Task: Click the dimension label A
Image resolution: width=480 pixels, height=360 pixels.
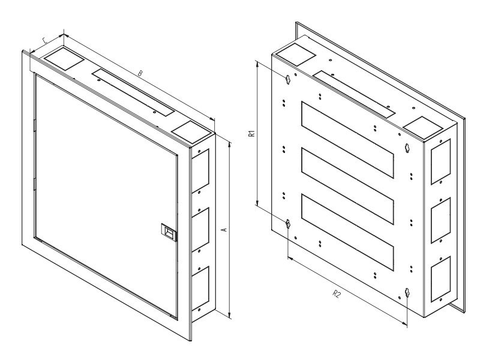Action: [x=224, y=229]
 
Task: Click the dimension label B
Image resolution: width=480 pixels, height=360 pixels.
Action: [x=140, y=73]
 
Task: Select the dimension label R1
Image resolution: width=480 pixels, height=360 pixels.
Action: [x=251, y=133]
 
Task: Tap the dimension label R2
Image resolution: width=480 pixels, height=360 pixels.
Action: [x=337, y=294]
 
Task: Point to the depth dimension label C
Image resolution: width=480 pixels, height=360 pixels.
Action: [x=44, y=40]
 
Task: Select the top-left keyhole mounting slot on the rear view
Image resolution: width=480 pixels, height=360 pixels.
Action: [x=288, y=79]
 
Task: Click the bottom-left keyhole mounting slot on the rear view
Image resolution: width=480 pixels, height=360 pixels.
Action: [x=288, y=223]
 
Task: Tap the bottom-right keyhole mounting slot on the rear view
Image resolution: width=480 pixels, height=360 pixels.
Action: [x=407, y=292]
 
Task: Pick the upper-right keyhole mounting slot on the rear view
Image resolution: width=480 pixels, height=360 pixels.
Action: [x=407, y=148]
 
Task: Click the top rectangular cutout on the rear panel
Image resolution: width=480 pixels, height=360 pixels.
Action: [x=347, y=140]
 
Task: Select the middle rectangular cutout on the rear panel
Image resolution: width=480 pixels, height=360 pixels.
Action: [x=347, y=186]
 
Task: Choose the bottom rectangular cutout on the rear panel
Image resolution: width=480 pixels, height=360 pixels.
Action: [x=347, y=232]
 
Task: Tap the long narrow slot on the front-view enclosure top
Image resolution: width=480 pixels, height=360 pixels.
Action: [x=133, y=92]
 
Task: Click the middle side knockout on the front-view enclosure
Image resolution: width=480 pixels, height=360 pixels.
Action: [x=200, y=229]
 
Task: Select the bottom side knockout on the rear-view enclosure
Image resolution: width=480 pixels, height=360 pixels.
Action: [x=441, y=278]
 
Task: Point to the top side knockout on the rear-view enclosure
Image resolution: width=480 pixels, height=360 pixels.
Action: [x=441, y=161]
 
